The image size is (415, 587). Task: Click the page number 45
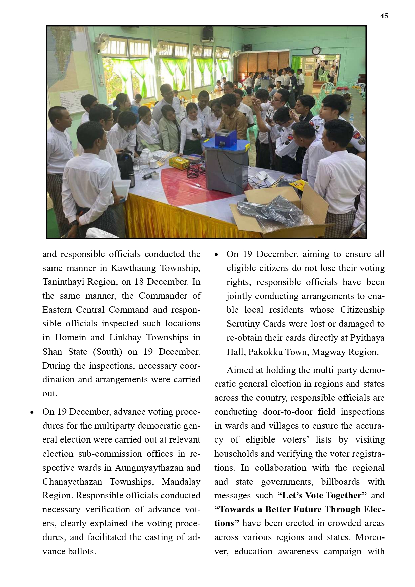tap(384, 16)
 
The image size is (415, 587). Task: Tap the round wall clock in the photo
tap(316, 51)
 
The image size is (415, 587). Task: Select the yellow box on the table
tap(179, 162)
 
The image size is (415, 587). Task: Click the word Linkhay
tap(125, 337)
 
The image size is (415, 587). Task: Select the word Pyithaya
tap(367, 338)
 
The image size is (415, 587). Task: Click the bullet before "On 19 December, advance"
tap(32, 412)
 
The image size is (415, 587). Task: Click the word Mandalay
tap(181, 482)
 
